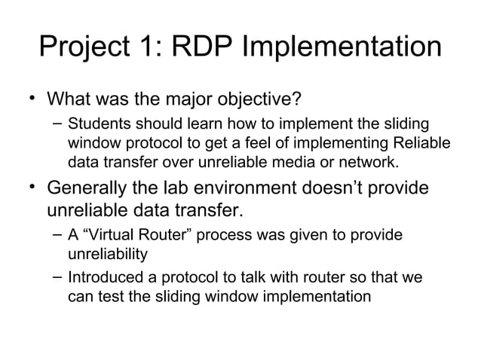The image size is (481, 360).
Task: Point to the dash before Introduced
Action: (x=57, y=277)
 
